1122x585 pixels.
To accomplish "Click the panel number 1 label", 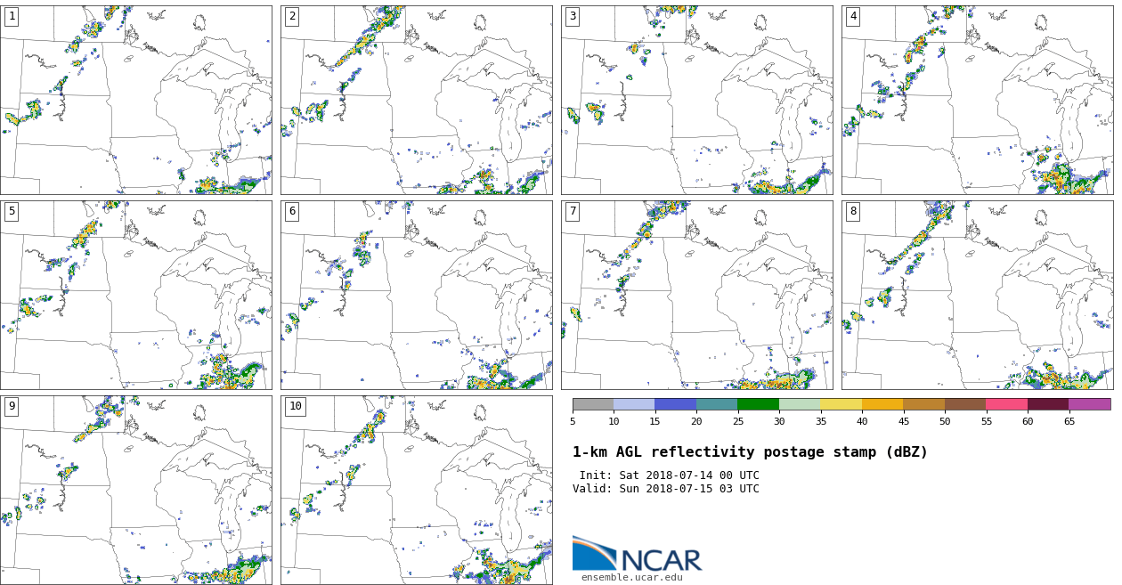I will tap(12, 16).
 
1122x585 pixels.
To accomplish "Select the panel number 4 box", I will tap(853, 16).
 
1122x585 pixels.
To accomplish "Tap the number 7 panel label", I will tap(573, 211).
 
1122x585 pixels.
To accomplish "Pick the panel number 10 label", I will tap(296, 406).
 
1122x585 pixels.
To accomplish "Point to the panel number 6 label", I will tap(292, 211).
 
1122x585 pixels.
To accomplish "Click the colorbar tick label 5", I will tap(573, 421).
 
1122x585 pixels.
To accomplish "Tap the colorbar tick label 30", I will tap(779, 421).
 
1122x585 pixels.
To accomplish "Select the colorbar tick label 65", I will tap(1069, 421).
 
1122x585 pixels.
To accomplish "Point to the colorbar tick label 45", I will tap(903, 421).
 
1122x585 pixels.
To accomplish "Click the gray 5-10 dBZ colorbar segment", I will tap(593, 404).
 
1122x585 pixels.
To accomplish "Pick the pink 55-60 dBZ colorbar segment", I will tap(1006, 404).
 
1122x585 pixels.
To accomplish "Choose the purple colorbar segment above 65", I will tap(1089, 404).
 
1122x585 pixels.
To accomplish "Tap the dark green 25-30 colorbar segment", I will tap(758, 404).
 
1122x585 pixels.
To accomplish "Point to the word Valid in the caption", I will tap(590, 489).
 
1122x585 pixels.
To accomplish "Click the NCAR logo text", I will tap(661, 560).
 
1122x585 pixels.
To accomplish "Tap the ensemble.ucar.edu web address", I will tap(632, 578).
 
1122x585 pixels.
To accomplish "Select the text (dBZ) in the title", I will tap(903, 452).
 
